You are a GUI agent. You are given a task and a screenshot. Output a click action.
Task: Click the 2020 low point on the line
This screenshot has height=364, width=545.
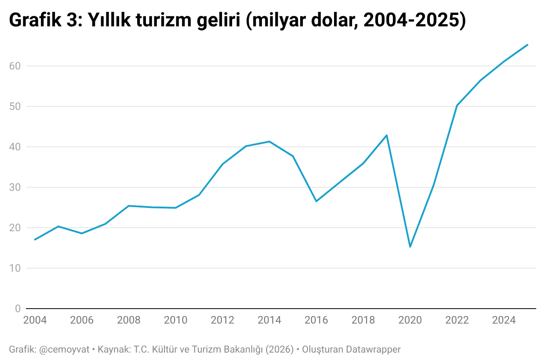(x=410, y=247)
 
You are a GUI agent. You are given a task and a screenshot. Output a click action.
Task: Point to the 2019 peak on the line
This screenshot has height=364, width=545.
(x=386, y=135)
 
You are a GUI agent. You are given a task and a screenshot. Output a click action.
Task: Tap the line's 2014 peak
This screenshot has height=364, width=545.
(x=269, y=142)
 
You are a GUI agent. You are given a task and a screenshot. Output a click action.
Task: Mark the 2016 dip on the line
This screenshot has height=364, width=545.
(x=316, y=201)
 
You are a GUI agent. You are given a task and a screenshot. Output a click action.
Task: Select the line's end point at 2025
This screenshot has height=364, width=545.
(x=527, y=45)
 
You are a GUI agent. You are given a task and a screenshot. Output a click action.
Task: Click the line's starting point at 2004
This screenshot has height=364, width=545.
(x=35, y=240)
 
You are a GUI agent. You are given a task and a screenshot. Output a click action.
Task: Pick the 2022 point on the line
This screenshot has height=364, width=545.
(x=457, y=106)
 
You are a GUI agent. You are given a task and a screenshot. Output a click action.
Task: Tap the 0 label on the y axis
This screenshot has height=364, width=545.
(x=18, y=309)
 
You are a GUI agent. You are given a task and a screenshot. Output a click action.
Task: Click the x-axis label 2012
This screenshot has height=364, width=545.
(x=222, y=320)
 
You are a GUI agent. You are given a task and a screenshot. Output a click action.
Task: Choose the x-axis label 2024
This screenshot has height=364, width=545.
(x=504, y=320)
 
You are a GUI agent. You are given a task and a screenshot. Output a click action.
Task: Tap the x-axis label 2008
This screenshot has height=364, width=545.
(x=129, y=320)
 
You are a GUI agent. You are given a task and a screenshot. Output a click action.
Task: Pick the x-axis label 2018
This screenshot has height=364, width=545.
(x=363, y=320)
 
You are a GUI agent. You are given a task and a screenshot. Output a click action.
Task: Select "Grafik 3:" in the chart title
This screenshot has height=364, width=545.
(x=46, y=21)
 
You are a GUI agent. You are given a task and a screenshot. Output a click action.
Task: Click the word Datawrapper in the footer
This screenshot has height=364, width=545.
(x=373, y=350)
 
